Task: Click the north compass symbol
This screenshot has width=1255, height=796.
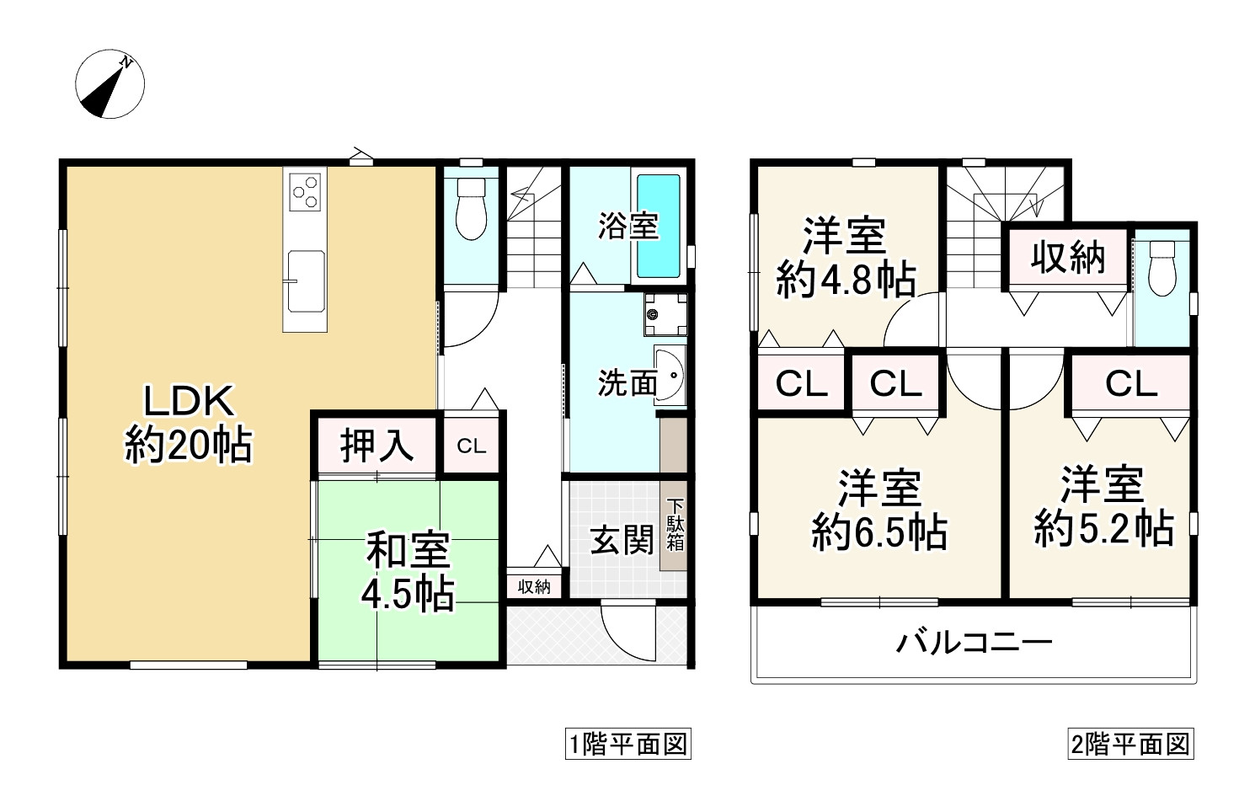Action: (110, 85)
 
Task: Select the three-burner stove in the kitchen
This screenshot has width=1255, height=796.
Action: (305, 191)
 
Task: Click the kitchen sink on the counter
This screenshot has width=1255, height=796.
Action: (304, 280)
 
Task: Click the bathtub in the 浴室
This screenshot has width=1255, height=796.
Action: (658, 225)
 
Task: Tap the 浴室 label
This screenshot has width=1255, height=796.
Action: (627, 226)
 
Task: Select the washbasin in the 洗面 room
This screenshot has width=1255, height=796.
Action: (670, 377)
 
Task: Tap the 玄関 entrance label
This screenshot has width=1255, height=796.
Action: (622, 540)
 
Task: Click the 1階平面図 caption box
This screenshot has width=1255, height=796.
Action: (627, 745)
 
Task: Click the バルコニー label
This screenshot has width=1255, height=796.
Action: (974, 644)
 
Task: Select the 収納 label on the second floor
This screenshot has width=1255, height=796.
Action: (1067, 258)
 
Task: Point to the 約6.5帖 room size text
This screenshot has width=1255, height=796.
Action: (878, 532)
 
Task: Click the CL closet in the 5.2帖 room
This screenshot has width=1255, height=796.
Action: (1131, 384)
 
